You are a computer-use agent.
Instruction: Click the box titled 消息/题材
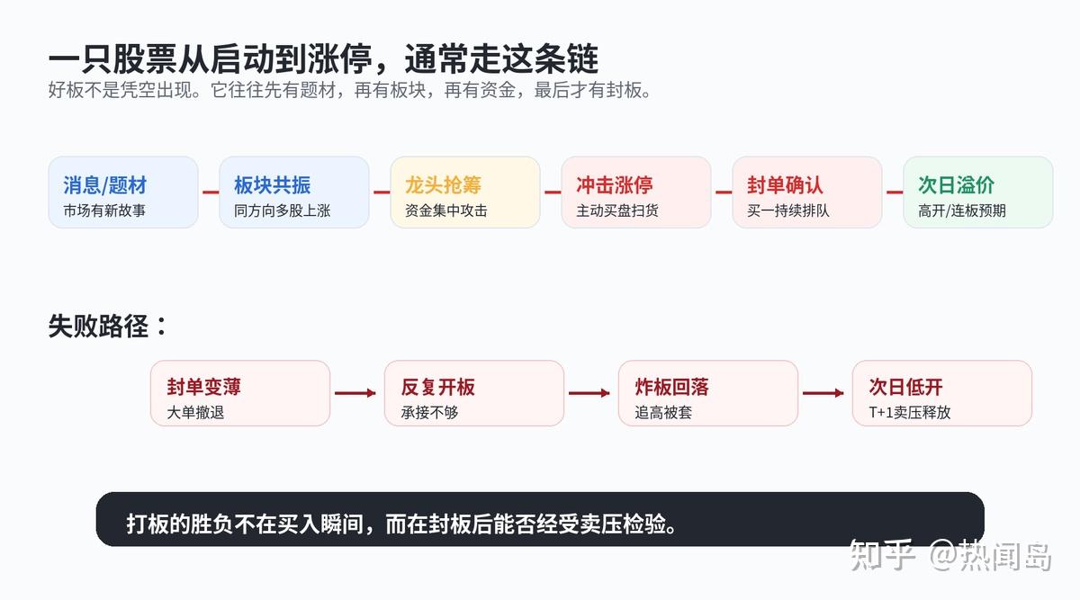click(x=123, y=192)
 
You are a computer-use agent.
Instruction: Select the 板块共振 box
click(x=294, y=192)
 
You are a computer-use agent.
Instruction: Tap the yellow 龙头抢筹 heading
click(x=443, y=185)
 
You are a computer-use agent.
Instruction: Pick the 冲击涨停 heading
click(x=614, y=185)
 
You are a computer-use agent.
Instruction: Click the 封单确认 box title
click(x=785, y=185)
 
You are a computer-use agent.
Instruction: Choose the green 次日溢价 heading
click(x=956, y=185)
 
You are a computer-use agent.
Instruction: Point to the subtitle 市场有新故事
click(x=104, y=210)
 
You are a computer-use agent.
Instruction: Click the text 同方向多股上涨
click(x=282, y=210)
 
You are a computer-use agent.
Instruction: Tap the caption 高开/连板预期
click(x=962, y=210)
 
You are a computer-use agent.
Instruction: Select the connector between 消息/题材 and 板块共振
click(x=211, y=193)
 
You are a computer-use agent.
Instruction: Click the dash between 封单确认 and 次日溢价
click(x=895, y=193)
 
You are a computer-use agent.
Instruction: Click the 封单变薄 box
click(x=240, y=393)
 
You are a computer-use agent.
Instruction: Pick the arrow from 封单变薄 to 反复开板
click(x=355, y=393)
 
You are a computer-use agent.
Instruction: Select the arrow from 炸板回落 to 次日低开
click(x=823, y=393)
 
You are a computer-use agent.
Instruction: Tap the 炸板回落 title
click(x=671, y=387)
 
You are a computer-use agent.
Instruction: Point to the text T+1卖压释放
click(x=909, y=413)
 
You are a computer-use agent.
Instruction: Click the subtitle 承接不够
click(x=429, y=413)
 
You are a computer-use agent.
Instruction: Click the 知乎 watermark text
click(x=882, y=556)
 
